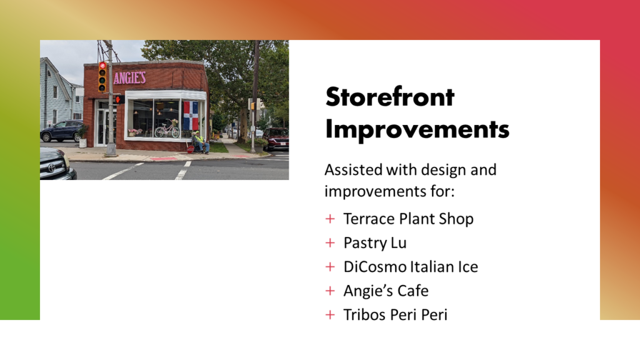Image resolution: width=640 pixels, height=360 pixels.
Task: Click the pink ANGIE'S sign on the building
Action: click(x=129, y=77)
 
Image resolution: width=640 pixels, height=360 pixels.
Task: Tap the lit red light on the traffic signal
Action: click(x=102, y=66)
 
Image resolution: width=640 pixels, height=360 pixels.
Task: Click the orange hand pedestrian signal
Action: click(x=118, y=99)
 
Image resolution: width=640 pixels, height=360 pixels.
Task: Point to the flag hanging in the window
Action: click(x=191, y=116)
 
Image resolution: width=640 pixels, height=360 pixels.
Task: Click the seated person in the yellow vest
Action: click(x=200, y=142)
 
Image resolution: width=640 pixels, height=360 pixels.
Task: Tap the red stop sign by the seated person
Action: click(x=190, y=149)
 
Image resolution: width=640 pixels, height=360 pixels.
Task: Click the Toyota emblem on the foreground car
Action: click(x=52, y=167)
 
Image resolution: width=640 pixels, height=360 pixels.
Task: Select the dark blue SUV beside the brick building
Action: click(x=62, y=131)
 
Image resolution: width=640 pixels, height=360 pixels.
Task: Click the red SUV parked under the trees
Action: click(x=276, y=139)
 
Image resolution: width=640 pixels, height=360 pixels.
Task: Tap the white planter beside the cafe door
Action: click(x=83, y=142)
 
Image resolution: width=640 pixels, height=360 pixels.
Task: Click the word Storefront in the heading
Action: click(x=390, y=97)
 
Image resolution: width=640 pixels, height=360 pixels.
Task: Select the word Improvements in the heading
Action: click(x=417, y=129)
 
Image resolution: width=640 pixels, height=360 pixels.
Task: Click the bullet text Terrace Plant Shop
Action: click(x=408, y=219)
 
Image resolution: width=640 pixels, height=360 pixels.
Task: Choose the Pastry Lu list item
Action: click(x=375, y=243)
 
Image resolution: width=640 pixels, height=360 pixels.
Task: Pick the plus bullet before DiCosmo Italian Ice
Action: click(x=330, y=267)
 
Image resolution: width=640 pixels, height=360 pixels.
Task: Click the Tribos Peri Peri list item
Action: click(x=395, y=315)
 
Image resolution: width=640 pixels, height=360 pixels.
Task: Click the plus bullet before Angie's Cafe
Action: click(x=330, y=291)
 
